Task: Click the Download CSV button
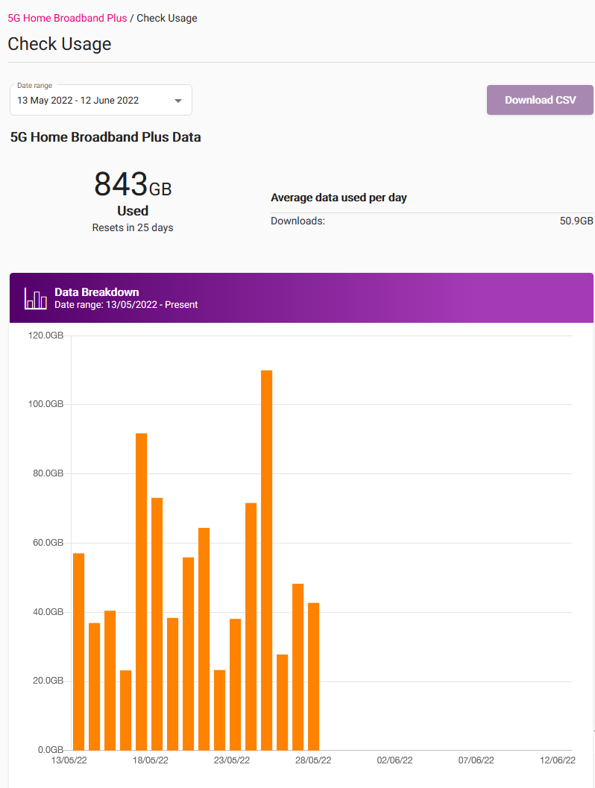tap(540, 100)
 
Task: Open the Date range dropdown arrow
tap(178, 101)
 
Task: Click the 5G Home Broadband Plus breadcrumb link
tap(67, 18)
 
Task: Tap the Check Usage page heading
tap(60, 44)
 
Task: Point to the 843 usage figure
tap(121, 183)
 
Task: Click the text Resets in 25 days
tap(133, 227)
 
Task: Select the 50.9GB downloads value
tap(576, 221)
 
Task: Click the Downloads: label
tap(297, 221)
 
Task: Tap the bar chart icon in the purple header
tap(35, 298)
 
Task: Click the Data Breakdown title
tap(97, 292)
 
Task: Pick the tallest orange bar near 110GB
tap(266, 559)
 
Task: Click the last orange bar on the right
tap(313, 675)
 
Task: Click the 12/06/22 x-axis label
tap(558, 761)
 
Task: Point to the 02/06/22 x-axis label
tap(394, 761)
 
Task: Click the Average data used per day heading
tap(339, 198)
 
